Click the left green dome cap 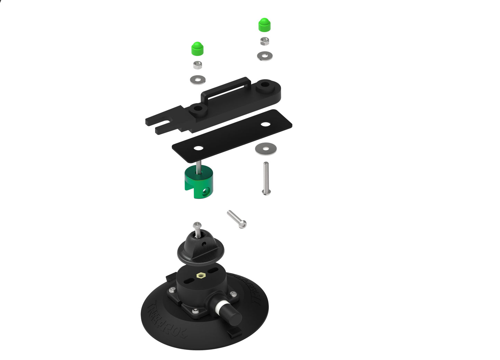(x=197, y=49)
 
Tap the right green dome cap (x=264, y=25)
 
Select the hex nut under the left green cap (x=197, y=65)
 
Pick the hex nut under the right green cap (x=265, y=41)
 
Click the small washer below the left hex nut (x=198, y=80)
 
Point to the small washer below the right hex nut (x=265, y=55)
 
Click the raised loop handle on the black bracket (x=225, y=89)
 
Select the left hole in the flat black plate (x=198, y=148)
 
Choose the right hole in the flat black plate (x=266, y=124)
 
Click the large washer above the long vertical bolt (x=266, y=149)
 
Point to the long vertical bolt (x=266, y=178)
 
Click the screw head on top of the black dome (x=197, y=225)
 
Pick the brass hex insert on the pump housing (x=200, y=276)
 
